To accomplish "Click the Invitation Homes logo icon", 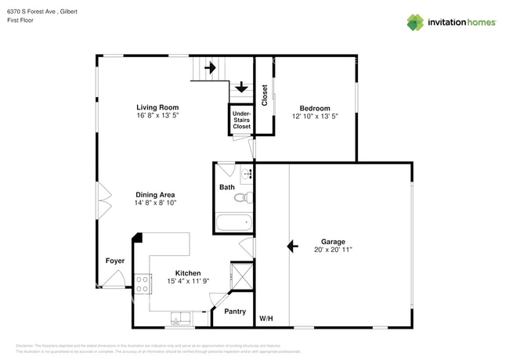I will coord(415,22).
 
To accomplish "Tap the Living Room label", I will coord(157,107).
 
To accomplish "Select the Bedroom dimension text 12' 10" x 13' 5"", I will coord(315,116).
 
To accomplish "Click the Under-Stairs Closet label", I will coord(242,120).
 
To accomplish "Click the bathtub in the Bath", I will coord(234,223).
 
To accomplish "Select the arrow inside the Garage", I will coord(292,247).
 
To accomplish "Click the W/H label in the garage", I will coord(266,319).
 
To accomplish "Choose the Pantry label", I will coord(235,311).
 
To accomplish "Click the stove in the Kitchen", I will coord(143,283).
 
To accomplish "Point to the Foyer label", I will coord(115,261).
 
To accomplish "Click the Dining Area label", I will coord(155,194).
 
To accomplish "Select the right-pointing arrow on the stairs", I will coord(210,68).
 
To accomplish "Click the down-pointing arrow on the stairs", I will coord(241,87).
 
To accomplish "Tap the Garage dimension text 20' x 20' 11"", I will coord(333,250).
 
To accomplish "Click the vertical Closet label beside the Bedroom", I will coord(265,95).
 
